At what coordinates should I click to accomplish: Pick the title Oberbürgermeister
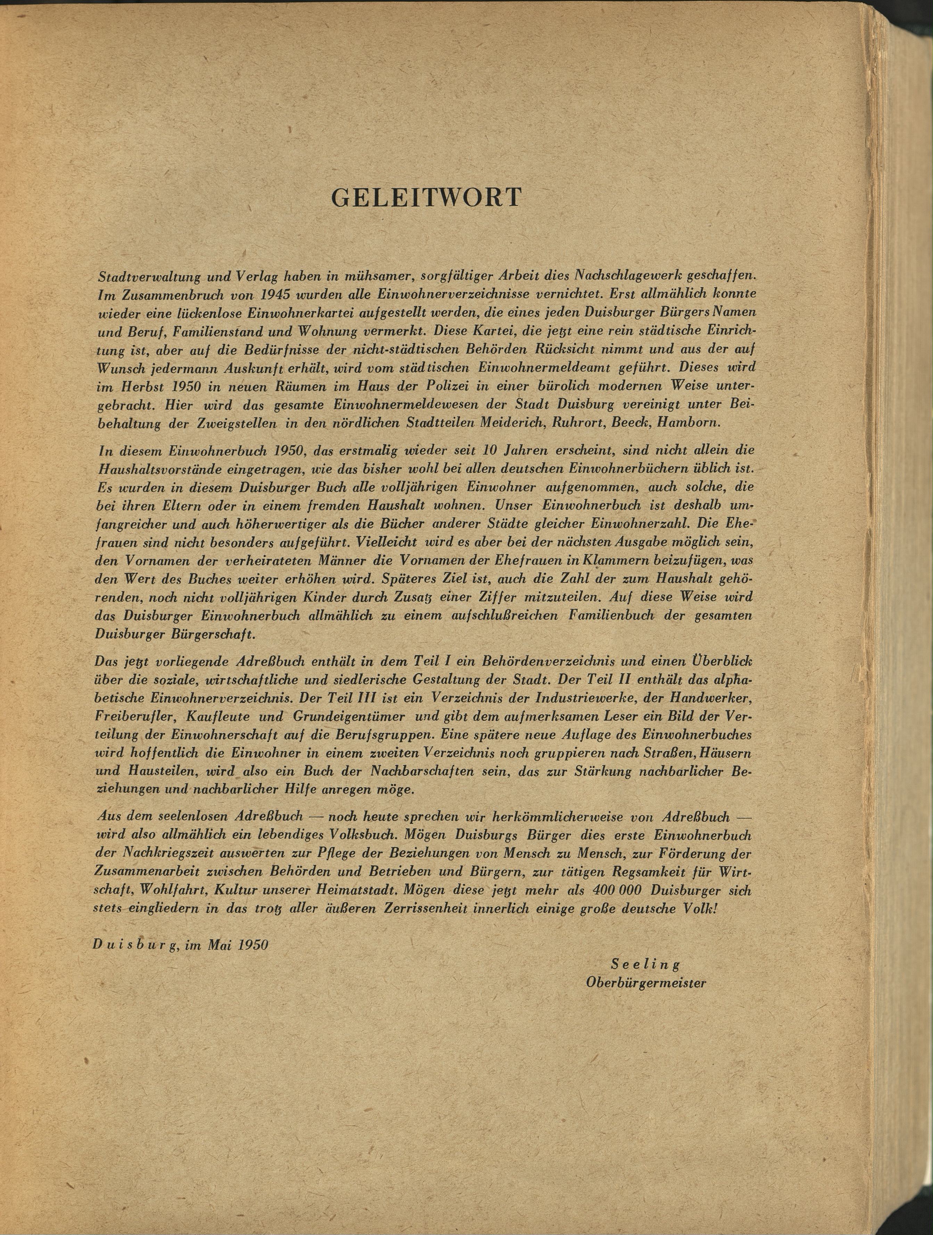646,983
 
